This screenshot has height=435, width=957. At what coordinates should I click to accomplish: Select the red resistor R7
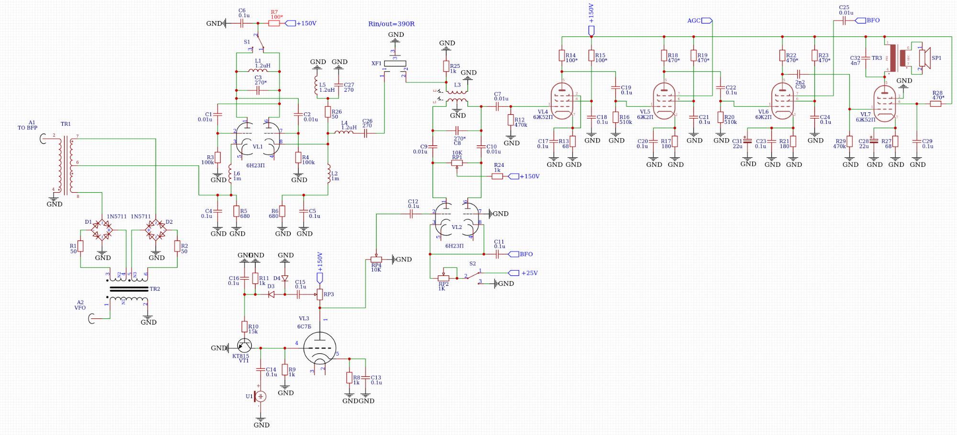tap(274, 23)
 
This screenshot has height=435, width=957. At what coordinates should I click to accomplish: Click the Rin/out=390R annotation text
tap(391, 24)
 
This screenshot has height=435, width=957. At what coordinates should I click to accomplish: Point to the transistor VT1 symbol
tap(244, 346)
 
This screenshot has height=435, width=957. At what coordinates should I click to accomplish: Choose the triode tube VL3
tap(320, 349)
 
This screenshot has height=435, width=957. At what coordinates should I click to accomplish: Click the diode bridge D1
tap(102, 229)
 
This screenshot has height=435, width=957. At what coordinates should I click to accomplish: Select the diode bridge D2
tap(156, 229)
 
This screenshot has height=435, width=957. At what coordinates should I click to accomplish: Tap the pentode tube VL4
tap(562, 101)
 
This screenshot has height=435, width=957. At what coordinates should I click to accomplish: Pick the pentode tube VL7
tap(885, 104)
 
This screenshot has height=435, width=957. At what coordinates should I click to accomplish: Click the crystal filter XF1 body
tap(395, 64)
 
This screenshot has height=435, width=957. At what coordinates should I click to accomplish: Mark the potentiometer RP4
tap(377, 260)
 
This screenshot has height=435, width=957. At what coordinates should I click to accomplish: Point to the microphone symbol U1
tap(260, 396)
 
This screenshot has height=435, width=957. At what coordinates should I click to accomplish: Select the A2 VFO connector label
tap(80, 305)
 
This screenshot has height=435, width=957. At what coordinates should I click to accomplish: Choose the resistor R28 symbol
tap(935, 104)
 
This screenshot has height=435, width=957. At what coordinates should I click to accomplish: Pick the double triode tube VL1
tap(257, 139)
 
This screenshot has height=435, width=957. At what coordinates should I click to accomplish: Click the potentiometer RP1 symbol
tap(457, 163)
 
